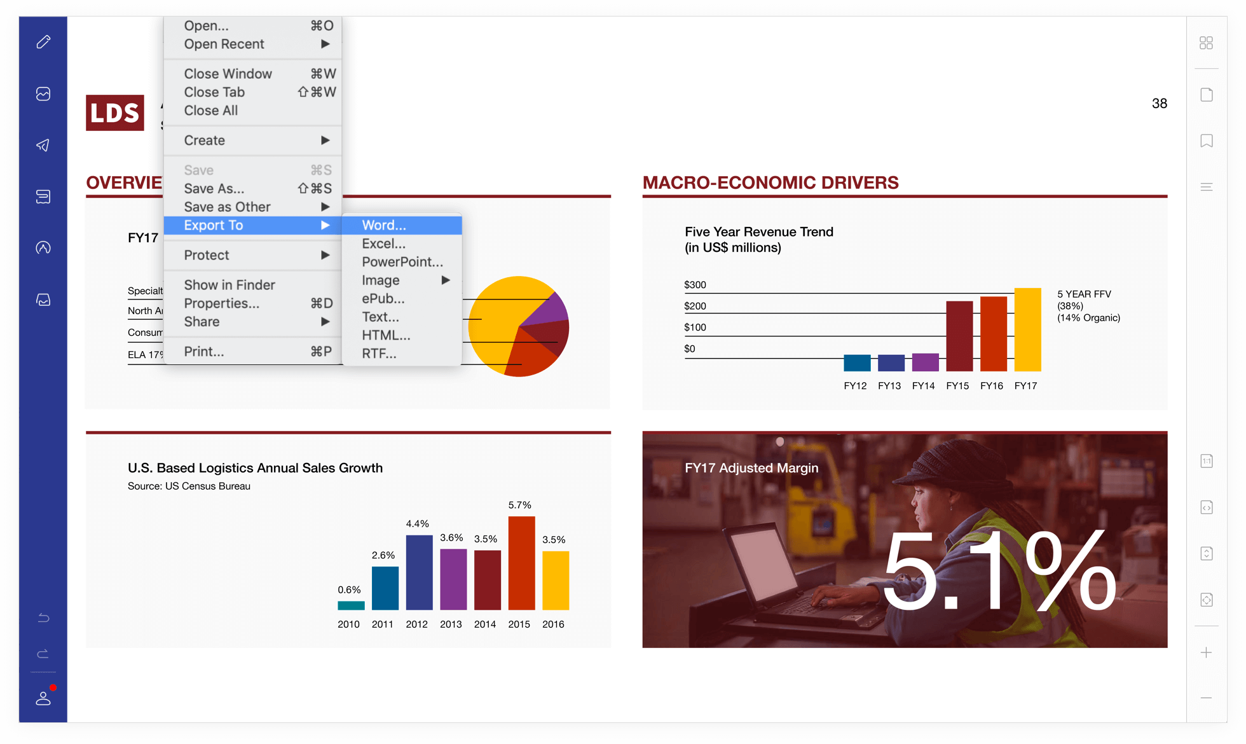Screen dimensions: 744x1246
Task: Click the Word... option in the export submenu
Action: click(384, 225)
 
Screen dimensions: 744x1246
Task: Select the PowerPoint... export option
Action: click(402, 262)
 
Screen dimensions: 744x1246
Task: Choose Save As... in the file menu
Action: click(214, 189)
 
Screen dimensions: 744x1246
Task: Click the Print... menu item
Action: click(203, 352)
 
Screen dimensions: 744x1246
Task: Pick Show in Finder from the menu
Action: click(229, 285)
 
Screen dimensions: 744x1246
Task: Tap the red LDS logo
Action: click(115, 113)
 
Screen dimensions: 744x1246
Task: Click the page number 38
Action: click(1159, 104)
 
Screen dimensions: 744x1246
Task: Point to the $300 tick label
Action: click(695, 285)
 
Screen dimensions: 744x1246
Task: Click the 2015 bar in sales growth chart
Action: click(521, 563)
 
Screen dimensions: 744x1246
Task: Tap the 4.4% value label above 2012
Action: click(417, 524)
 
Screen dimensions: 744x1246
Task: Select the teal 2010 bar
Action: click(351, 605)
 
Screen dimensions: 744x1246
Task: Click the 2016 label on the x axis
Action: click(553, 624)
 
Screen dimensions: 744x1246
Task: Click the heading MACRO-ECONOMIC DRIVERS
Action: click(770, 183)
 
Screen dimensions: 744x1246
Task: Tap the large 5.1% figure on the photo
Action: click(998, 572)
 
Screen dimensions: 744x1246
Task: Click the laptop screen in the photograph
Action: click(760, 563)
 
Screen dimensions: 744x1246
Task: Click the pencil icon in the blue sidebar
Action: click(43, 42)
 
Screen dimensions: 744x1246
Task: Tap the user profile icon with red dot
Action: click(43, 698)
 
